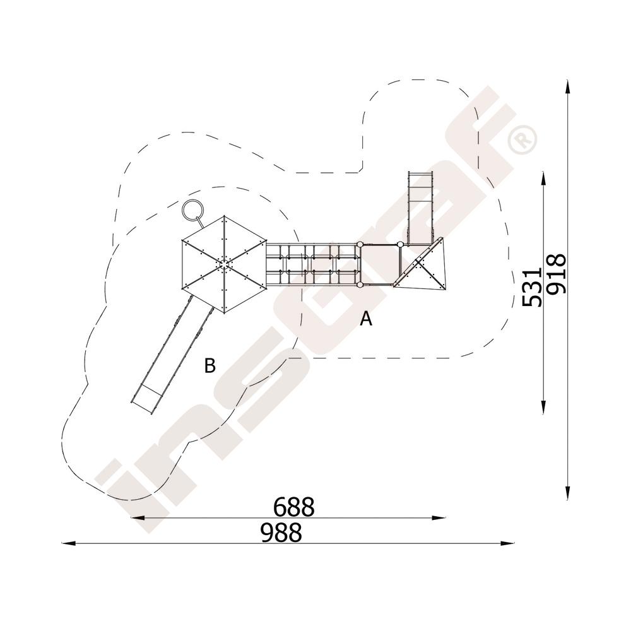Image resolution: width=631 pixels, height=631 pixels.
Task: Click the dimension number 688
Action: tap(294, 507)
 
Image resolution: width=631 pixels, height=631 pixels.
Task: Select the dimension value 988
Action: tap(281, 533)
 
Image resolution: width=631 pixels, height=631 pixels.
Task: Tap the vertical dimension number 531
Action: tap(531, 286)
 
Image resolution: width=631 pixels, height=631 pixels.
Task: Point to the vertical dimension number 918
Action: tap(557, 273)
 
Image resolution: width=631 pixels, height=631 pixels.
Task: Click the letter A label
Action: tap(366, 319)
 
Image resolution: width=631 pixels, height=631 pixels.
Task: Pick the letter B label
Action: tap(210, 365)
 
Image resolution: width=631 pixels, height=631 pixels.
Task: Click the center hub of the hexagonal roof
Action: tap(224, 264)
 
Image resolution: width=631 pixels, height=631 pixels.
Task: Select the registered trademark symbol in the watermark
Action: tap(522, 139)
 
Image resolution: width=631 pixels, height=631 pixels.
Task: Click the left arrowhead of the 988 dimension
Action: tap(68, 543)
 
